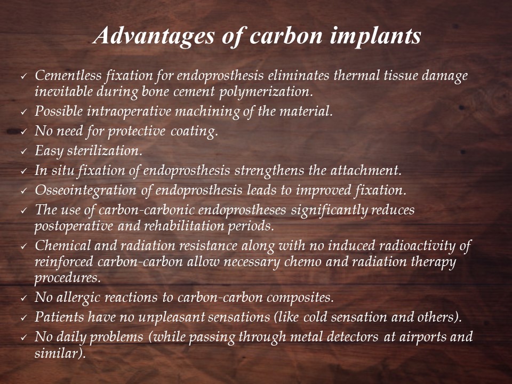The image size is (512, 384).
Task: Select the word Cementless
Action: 68,75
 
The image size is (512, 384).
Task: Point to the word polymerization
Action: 264,92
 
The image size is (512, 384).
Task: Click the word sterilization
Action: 105,150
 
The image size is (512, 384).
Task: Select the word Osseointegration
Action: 85,190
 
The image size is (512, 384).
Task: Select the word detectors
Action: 353,337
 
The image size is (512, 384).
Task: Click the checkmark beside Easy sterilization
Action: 24,151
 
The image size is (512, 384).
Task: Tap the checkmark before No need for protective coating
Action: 24,132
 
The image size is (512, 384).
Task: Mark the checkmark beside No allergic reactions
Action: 24,299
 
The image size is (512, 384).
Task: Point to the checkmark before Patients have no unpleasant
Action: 24,318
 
